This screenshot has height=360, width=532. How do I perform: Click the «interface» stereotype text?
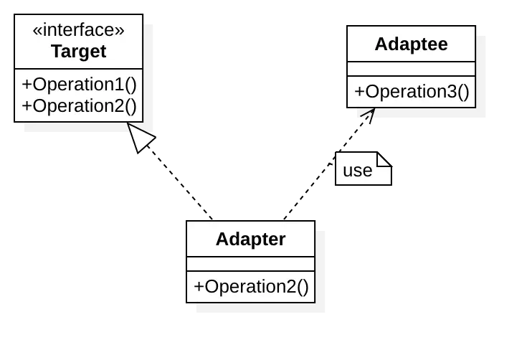point(79,30)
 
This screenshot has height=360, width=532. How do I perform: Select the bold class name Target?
point(79,52)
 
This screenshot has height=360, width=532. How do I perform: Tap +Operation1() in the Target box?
point(79,84)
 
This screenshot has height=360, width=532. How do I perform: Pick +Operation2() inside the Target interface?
point(79,105)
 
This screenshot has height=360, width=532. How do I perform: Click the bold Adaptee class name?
point(411,44)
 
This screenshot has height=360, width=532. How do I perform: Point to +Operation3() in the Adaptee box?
point(411,92)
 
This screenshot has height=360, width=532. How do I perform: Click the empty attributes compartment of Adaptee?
point(411,69)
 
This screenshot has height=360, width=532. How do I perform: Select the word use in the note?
point(357,171)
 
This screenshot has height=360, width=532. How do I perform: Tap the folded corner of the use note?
point(385,158)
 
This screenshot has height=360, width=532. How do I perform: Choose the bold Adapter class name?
point(250,239)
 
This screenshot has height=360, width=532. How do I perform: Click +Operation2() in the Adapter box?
point(250,287)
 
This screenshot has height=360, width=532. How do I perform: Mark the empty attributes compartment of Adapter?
point(250,264)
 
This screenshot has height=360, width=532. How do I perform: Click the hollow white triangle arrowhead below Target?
point(141,136)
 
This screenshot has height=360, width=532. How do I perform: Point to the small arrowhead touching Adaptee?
point(366,114)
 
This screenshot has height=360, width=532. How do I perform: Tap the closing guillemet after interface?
point(120,31)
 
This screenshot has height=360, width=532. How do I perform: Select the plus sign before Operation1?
point(27,85)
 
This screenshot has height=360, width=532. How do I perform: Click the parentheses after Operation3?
point(462,92)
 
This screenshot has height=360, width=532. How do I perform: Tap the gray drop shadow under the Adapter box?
point(261,309)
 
